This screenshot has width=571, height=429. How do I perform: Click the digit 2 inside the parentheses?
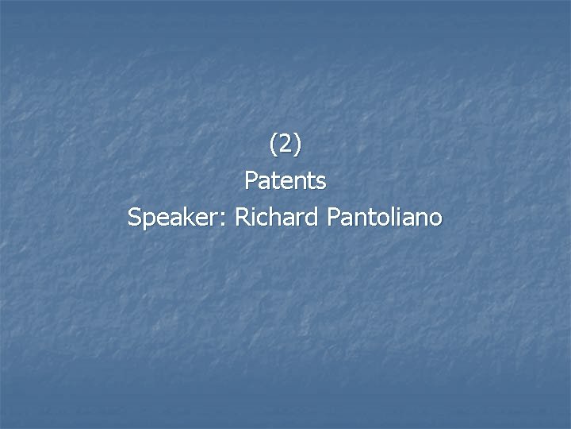[285, 145]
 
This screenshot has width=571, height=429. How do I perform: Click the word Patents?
[285, 181]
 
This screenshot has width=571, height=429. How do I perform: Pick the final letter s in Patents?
[320, 183]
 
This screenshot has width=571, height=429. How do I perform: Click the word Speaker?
[174, 217]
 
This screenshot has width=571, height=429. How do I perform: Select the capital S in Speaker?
[135, 216]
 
